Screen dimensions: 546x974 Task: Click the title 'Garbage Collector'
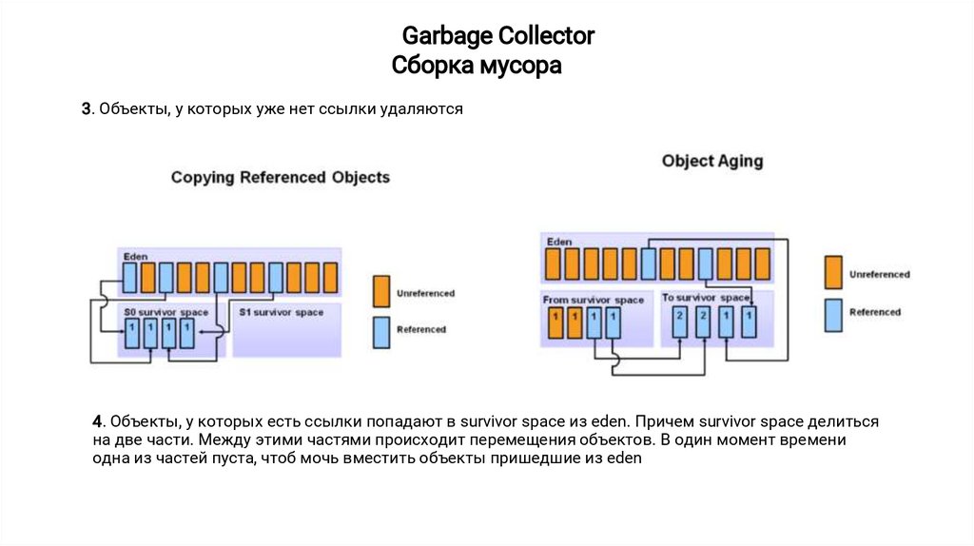coord(497,36)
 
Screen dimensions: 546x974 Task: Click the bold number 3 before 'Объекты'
coord(85,109)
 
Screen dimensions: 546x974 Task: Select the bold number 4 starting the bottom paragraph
coord(97,420)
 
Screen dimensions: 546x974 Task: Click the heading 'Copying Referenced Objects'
coord(280,178)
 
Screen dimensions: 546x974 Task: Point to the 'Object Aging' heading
coord(711,161)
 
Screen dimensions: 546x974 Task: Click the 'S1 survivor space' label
coord(281,312)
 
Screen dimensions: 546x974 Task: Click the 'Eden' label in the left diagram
coord(133,257)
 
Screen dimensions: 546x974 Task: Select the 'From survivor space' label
coord(594,300)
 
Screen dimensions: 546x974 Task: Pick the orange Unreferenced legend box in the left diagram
coord(381,290)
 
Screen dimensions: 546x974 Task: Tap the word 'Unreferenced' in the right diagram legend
coord(879,274)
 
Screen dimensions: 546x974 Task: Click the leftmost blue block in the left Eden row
coord(129,277)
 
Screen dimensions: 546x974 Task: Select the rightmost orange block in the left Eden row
coord(330,277)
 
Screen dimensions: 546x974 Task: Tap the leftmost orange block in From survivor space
coord(554,322)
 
